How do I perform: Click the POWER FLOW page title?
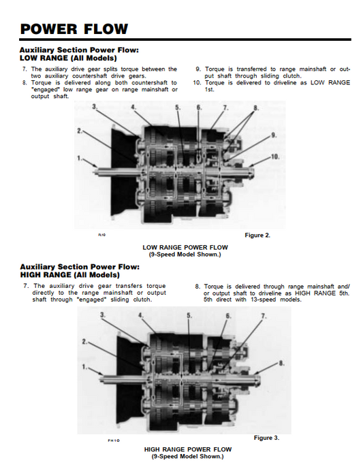pos(74,29)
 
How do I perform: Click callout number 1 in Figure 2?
pos(79,158)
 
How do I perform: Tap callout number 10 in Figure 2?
pos(275,157)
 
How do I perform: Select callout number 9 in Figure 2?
pos(274,135)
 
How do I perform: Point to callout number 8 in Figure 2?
pos(256,108)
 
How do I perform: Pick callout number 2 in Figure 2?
pos(80,131)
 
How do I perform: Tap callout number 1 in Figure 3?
pos(84,367)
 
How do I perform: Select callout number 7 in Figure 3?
pos(264,316)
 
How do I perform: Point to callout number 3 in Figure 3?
pos(103,315)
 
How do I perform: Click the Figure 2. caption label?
pos(257,236)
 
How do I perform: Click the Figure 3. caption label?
pos(266,438)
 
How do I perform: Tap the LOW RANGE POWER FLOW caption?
pos(185,248)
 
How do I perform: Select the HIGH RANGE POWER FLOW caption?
pos(188,449)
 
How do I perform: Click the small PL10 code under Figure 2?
pos(102,235)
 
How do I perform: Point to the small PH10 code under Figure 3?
pos(114,440)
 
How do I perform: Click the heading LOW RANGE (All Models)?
pos(68,58)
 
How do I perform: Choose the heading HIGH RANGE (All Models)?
pos(69,274)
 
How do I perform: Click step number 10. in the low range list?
pos(198,82)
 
